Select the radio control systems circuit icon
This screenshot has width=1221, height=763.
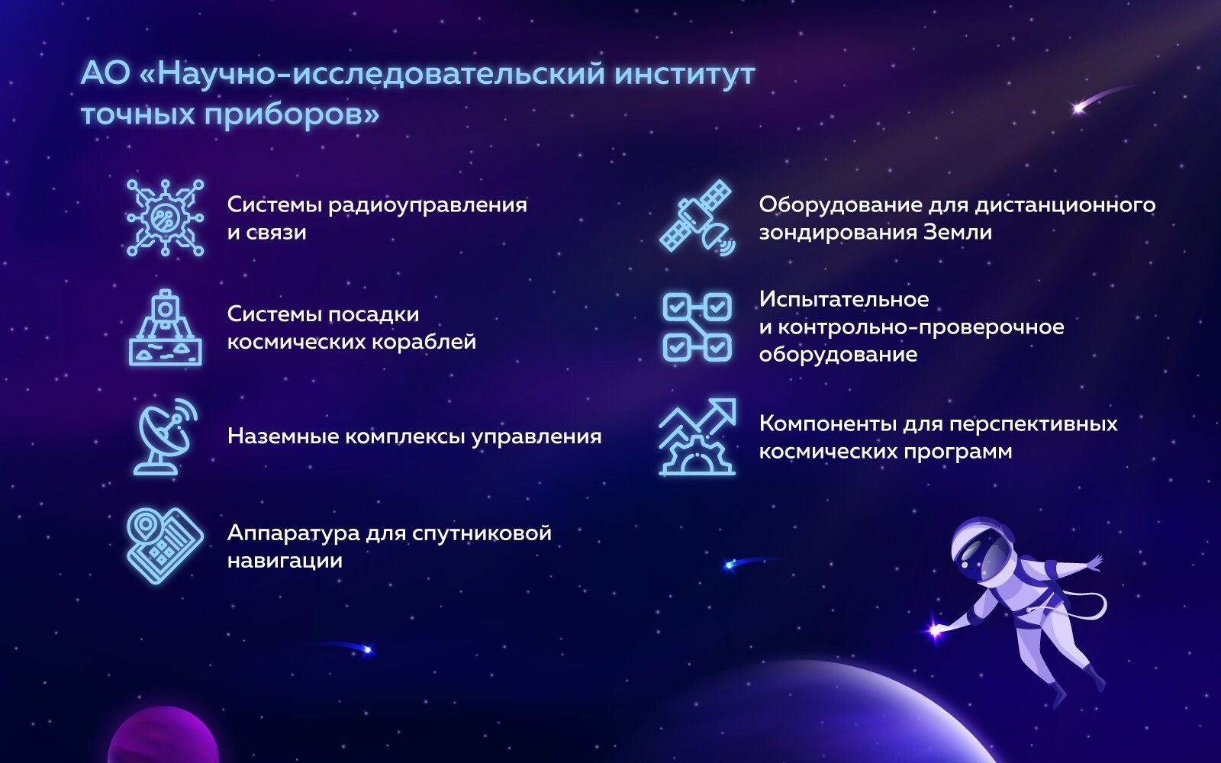tap(165, 218)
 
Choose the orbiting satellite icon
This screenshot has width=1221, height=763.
tap(697, 218)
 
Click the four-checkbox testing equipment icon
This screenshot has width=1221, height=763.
tap(697, 327)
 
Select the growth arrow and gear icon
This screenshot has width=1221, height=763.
tap(697, 436)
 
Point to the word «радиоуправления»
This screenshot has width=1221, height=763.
tap(427, 206)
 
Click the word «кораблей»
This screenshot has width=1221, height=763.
tap(424, 343)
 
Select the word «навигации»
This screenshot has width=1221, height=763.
tap(285, 561)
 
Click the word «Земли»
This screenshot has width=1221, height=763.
tap(957, 233)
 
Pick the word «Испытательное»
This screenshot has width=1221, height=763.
tap(844, 299)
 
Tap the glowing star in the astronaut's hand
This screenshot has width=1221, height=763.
tap(936, 631)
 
